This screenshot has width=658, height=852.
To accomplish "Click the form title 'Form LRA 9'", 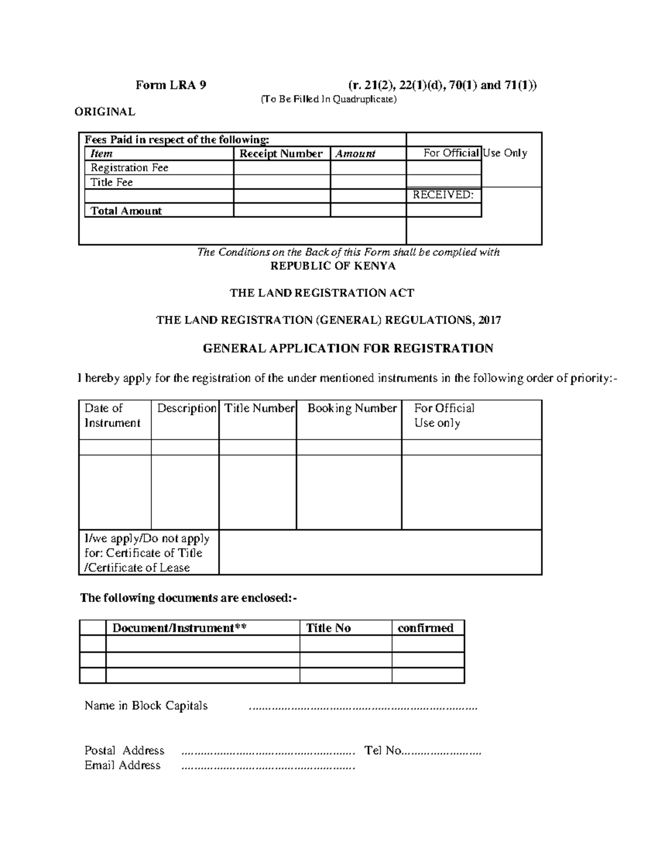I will (171, 85).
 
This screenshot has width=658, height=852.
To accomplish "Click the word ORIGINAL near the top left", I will (105, 112).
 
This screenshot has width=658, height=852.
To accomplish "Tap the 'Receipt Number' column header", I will (281, 154).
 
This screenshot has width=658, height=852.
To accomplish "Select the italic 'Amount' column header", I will (355, 154).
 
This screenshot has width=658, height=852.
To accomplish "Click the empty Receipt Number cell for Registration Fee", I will (281, 168).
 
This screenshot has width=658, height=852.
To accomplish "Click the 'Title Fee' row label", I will (112, 182).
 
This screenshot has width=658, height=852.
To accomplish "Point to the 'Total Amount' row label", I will (126, 211).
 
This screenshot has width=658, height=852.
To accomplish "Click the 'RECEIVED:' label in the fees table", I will (443, 195).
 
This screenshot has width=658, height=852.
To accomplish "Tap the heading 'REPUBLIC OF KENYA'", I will (333, 266).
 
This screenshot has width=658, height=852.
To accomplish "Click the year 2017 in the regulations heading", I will (489, 320).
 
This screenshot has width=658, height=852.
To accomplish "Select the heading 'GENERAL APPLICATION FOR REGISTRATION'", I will (348, 348).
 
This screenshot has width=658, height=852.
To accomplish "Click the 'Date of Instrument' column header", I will (112, 415).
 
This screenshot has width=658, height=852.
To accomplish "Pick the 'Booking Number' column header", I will (351, 408).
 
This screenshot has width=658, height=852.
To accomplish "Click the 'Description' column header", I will (186, 408).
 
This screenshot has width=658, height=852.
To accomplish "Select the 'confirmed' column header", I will (426, 628).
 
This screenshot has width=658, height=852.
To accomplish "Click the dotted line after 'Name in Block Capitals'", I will (363, 708).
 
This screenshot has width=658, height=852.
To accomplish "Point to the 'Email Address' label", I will (122, 765).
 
